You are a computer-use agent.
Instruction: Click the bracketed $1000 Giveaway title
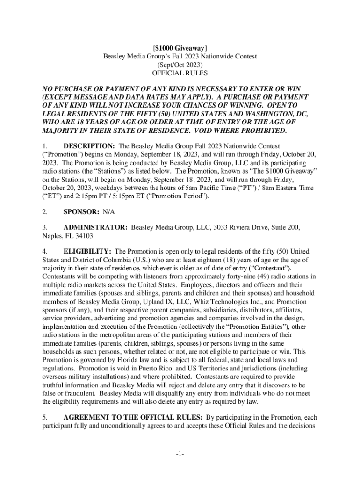coord(180,48)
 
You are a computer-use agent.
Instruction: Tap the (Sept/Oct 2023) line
coord(180,65)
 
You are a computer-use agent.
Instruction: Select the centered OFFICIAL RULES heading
coord(180,73)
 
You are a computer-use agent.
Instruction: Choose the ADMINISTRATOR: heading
coord(95,227)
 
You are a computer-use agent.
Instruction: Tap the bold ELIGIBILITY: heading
coord(87,251)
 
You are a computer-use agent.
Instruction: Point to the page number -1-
coord(180,454)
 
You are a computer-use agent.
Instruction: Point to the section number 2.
coord(45,212)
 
